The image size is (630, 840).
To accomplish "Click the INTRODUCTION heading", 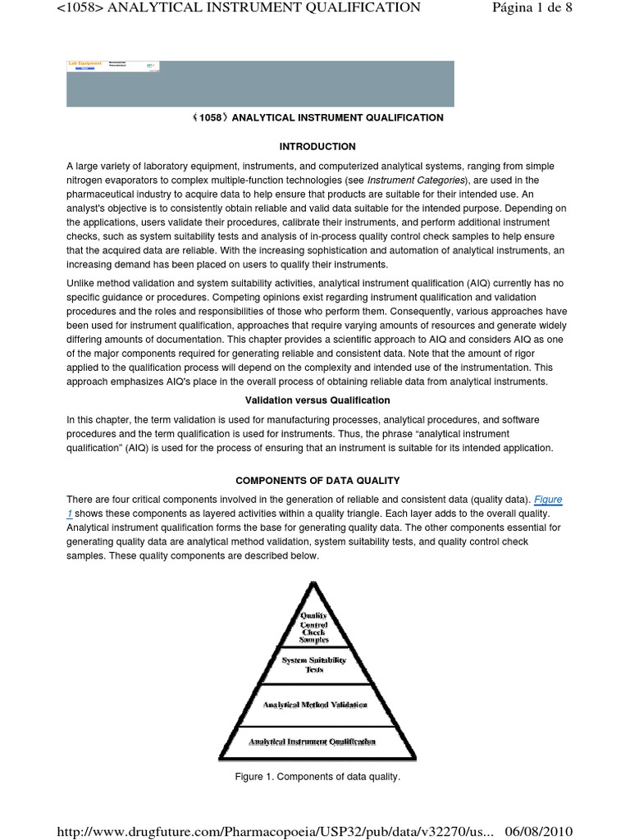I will (317, 147).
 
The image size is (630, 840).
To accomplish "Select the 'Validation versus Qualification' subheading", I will (317, 400).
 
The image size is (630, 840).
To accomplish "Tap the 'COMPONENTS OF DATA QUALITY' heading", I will (317, 480).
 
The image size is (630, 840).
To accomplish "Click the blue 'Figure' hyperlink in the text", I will (548, 500).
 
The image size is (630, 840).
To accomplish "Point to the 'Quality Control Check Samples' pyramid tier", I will (313, 627).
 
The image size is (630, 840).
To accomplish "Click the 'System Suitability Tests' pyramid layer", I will (314, 664).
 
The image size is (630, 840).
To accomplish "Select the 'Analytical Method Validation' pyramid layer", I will (315, 704).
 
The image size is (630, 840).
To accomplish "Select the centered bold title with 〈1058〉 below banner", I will (317, 117).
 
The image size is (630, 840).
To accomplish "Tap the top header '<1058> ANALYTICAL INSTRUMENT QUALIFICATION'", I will (238, 8).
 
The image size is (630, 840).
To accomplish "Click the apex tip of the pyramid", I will (313, 583).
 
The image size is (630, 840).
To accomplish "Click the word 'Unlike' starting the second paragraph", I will (80, 283).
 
